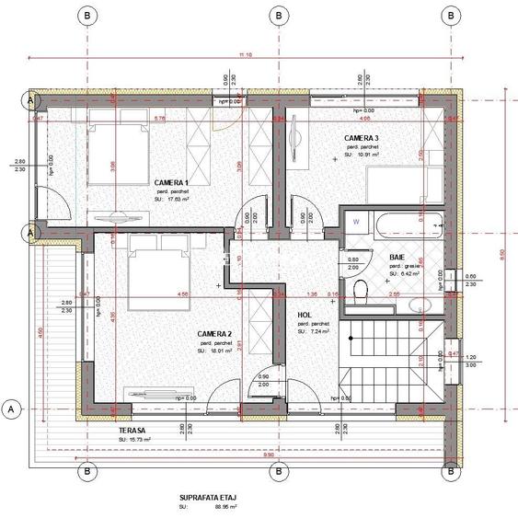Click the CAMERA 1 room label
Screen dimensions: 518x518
[x=171, y=182]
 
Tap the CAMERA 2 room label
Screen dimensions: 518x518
[x=214, y=333]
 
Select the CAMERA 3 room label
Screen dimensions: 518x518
[x=362, y=138]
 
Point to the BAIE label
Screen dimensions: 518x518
[x=397, y=258]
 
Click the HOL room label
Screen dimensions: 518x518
[x=304, y=315]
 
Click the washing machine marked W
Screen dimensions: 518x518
[x=355, y=223]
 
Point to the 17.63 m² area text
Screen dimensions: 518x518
[x=176, y=198]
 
